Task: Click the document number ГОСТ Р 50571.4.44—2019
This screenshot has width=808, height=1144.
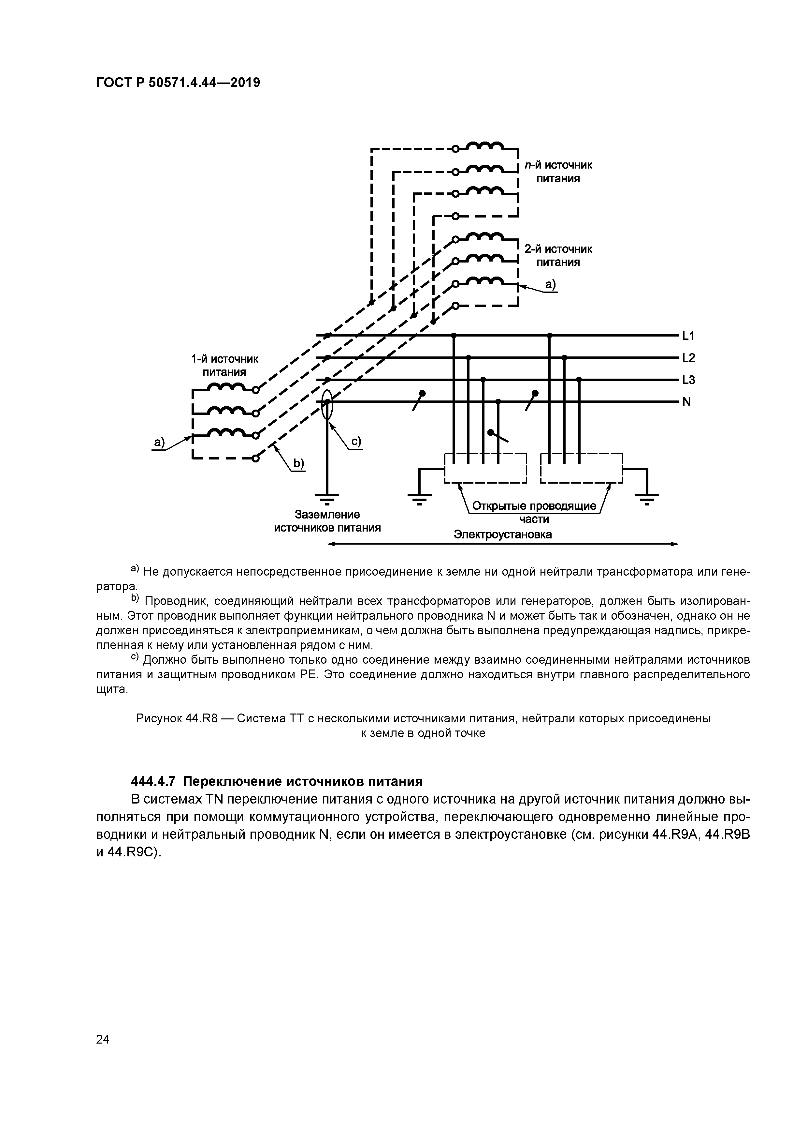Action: (178, 83)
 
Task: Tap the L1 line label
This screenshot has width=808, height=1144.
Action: (688, 336)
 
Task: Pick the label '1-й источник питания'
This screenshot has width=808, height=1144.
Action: (224, 366)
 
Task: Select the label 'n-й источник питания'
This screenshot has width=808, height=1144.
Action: (558, 172)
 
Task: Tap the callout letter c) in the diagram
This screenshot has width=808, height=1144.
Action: (356, 442)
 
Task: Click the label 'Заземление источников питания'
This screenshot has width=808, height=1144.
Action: (327, 521)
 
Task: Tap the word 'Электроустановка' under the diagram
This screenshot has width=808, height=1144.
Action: (503, 534)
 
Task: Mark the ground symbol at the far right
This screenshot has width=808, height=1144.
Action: (647, 497)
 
